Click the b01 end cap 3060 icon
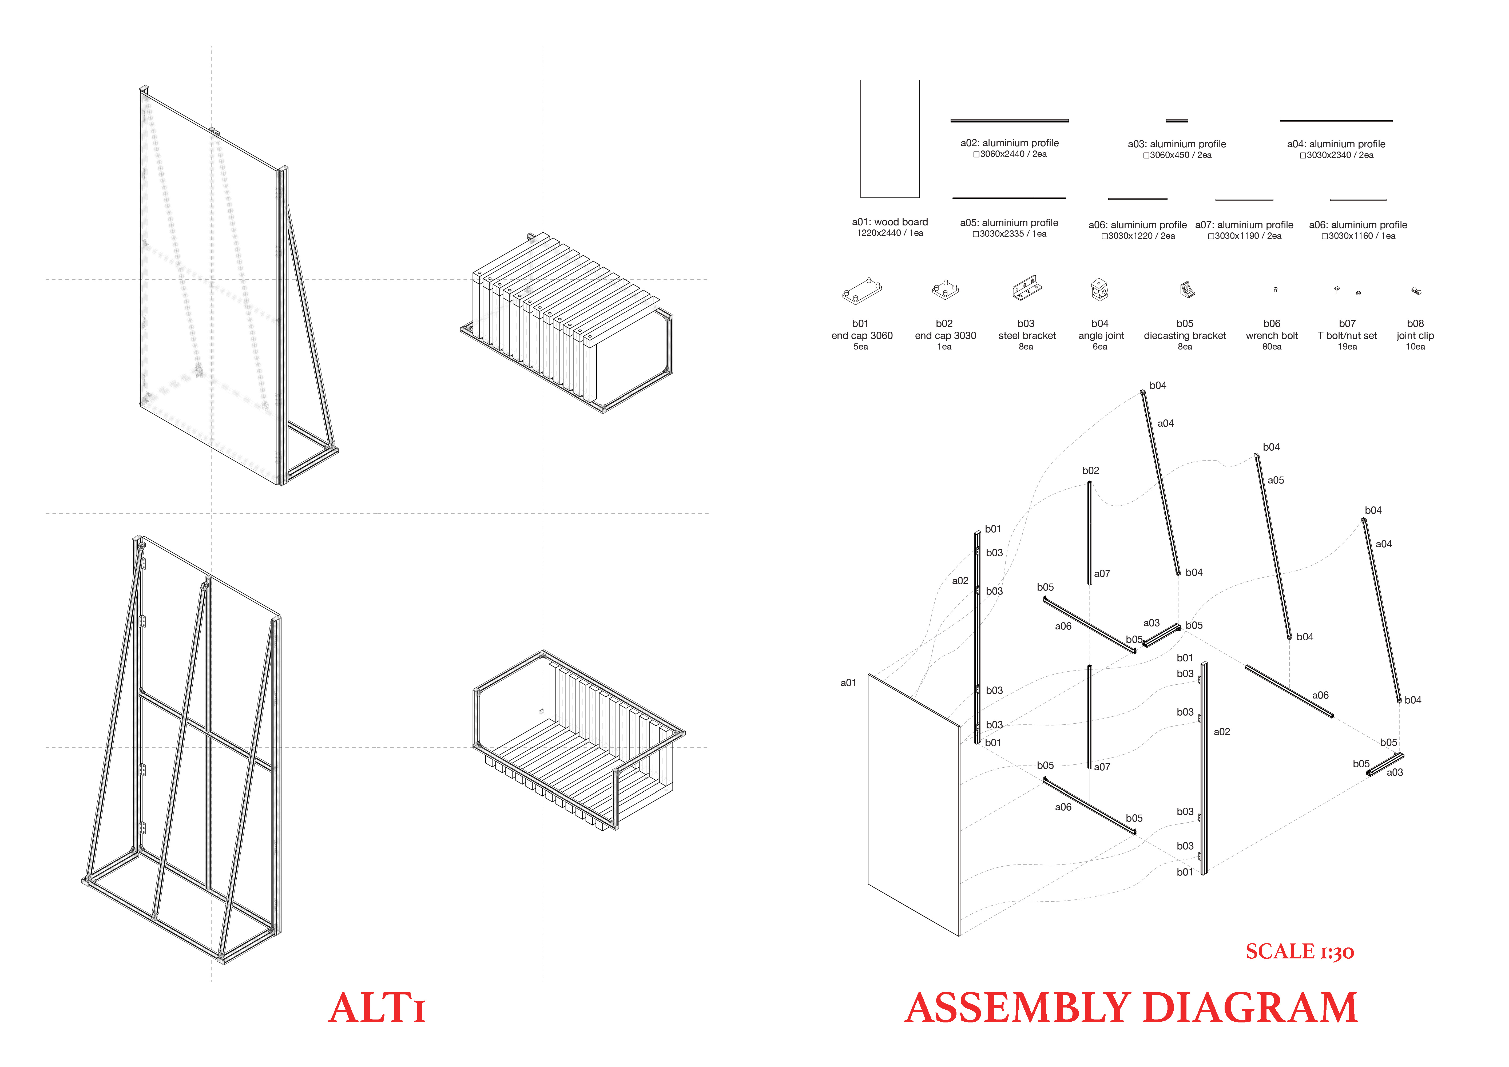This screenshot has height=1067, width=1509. [x=862, y=291]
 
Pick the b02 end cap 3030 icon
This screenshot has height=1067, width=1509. [x=945, y=289]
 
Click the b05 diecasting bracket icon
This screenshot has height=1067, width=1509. [x=1186, y=289]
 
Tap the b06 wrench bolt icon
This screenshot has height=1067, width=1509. [x=1275, y=289]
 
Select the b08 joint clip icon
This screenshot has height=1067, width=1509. [x=1416, y=291]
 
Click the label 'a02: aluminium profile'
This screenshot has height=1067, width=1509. [x=1010, y=143]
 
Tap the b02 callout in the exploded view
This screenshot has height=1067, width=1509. [x=1090, y=470]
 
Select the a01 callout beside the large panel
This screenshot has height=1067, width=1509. [x=848, y=683]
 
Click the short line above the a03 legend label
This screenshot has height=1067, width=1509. [x=1177, y=120]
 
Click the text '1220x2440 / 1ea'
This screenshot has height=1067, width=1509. [x=890, y=233]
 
